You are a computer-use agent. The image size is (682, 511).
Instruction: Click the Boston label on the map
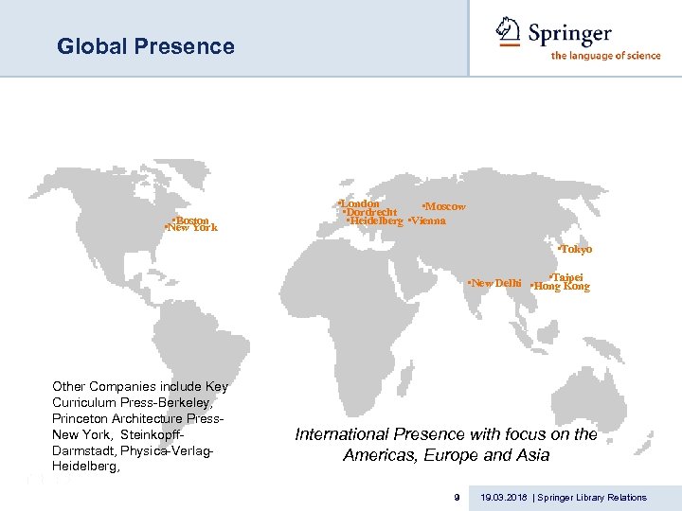(x=191, y=220)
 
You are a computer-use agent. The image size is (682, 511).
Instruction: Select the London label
(x=360, y=203)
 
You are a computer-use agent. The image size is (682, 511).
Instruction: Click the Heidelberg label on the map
(x=376, y=221)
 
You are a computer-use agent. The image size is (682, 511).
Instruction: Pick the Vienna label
(x=427, y=221)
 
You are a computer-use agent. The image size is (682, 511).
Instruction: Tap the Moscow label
(x=444, y=206)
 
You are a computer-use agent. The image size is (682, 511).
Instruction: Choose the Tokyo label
(x=575, y=250)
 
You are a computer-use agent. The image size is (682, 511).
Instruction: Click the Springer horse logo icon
(x=510, y=31)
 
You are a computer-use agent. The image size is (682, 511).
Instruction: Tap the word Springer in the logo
(x=570, y=33)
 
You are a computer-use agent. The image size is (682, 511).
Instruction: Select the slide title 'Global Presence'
(x=145, y=46)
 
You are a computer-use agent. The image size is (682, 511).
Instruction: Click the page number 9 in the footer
(x=457, y=497)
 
